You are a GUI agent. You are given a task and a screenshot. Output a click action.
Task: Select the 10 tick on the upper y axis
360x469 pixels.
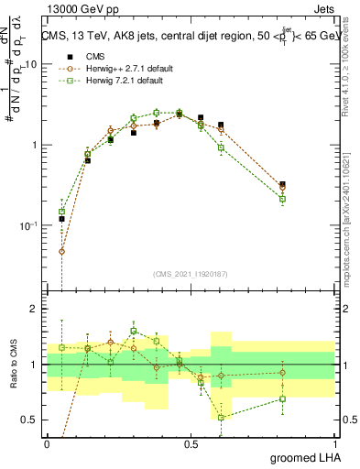click(31, 65)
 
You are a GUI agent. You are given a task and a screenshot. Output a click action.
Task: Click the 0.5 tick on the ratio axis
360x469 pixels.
click(32, 420)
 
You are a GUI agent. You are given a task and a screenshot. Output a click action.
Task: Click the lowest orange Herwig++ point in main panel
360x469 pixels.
click(61, 251)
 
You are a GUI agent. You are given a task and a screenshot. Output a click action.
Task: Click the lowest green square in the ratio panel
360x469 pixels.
click(221, 417)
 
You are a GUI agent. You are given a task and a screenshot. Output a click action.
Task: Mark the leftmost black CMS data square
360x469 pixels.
click(61, 219)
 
